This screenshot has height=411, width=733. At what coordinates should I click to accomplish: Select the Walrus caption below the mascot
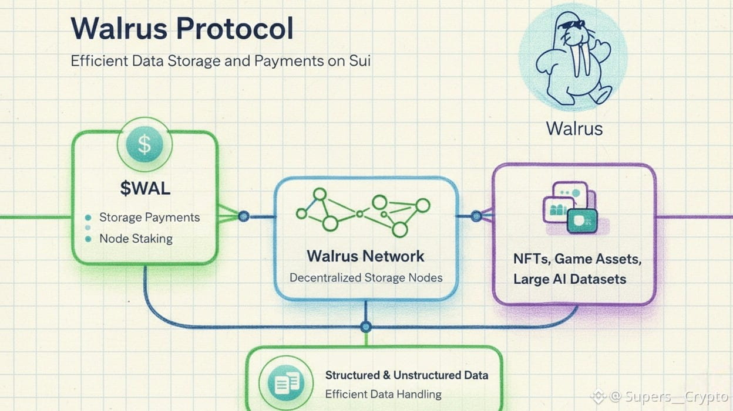click(x=574, y=128)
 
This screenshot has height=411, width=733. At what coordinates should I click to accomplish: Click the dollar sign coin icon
click(x=144, y=145)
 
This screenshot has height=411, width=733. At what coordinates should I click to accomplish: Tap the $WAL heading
click(x=144, y=189)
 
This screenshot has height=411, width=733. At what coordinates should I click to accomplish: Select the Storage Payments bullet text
click(x=149, y=218)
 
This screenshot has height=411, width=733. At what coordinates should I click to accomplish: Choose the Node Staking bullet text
click(x=136, y=239)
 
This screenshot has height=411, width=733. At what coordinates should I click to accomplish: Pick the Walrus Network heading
click(x=365, y=256)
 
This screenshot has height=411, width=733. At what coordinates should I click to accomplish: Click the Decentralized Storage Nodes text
click(x=366, y=277)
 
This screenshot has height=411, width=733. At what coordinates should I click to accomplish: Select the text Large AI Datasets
click(x=570, y=279)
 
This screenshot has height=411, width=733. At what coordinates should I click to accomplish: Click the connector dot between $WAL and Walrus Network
click(x=244, y=216)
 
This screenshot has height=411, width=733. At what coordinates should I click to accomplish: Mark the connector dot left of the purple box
click(x=476, y=216)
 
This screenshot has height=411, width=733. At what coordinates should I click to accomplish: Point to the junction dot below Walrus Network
click(x=366, y=327)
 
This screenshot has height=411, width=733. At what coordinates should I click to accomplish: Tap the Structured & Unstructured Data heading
click(x=406, y=375)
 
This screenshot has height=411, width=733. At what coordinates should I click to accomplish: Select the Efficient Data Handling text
click(x=383, y=394)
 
